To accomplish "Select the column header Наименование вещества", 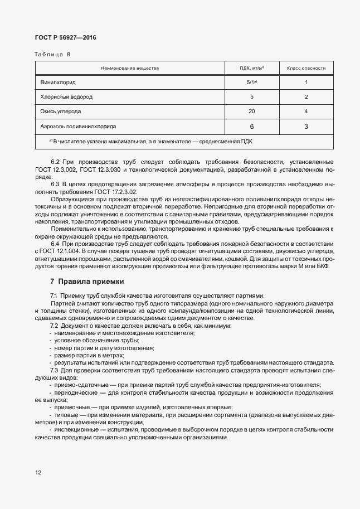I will pyautogui.click(x=130, y=68).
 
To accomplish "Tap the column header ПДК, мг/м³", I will pyautogui.click(x=251, y=68).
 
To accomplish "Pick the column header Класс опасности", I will pyautogui.click(x=306, y=68).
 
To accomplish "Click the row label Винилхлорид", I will pyautogui.click(x=57, y=83).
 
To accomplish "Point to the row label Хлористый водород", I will pyautogui.click(x=66, y=97).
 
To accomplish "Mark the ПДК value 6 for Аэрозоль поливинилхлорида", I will pyautogui.click(x=251, y=127).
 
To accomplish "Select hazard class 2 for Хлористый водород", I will pyautogui.click(x=306, y=97).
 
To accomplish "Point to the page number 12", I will pyautogui.click(x=38, y=473).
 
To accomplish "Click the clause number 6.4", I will pyautogui.click(x=55, y=244).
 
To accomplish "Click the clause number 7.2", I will pyautogui.click(x=55, y=326).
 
